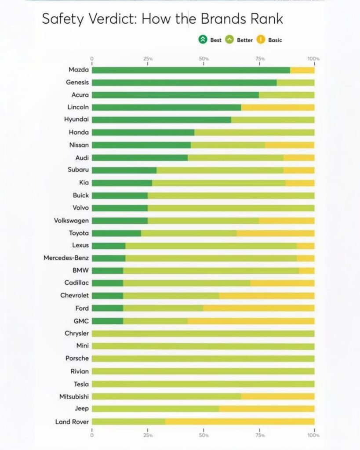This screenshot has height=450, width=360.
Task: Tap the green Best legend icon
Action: tap(203, 40)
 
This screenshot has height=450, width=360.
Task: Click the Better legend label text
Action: tap(245, 40)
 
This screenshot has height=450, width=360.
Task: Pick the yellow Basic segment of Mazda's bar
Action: tap(302, 70)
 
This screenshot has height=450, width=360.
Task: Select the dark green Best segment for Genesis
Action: tap(184, 82)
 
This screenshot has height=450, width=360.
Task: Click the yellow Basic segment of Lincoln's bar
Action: tap(278, 107)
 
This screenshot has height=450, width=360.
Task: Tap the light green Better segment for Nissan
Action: tap(228, 145)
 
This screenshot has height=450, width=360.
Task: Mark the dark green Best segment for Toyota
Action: tap(116, 233)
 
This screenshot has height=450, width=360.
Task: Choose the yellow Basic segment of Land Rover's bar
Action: tap(240, 422)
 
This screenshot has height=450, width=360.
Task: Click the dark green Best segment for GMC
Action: tap(108, 321)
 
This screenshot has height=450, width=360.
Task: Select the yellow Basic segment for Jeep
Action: tap(266, 409)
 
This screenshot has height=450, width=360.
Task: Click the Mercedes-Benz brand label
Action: tap(66, 258)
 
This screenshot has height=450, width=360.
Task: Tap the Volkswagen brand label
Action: tap(68, 221)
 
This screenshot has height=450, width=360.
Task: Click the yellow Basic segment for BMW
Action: tap(306, 271)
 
